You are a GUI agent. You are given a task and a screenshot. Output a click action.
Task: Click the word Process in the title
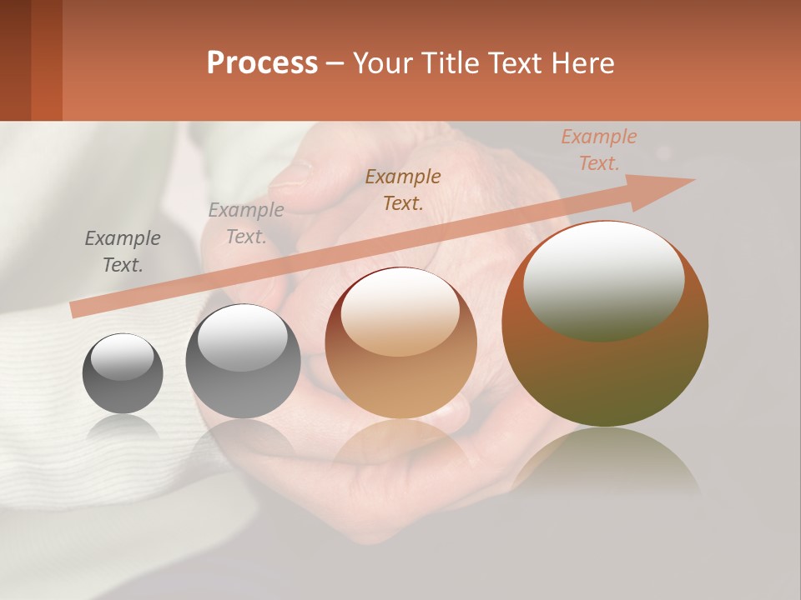pos(262,63)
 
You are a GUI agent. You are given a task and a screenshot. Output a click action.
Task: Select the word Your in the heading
pos(384,63)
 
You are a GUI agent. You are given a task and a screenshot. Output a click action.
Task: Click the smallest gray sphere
pos(123,374)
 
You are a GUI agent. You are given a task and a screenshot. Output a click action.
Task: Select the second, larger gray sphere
pos(243,362)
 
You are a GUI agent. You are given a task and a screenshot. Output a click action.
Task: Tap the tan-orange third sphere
pos(401,343)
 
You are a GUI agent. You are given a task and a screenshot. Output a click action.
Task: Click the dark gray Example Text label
pos(123,252)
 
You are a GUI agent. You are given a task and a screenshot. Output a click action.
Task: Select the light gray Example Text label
pos(246,223)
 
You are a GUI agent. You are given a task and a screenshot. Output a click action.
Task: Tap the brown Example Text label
pos(403,189)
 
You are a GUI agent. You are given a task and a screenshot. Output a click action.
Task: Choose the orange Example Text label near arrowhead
pos(599,150)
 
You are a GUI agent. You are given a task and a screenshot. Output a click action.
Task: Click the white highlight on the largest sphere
pos(603,279)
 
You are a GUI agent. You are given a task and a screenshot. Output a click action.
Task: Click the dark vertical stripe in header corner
pos(46,60)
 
